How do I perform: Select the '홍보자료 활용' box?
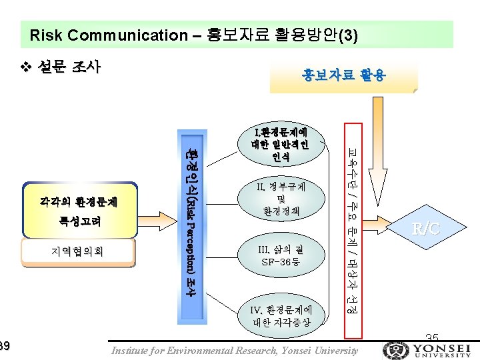point(343,76)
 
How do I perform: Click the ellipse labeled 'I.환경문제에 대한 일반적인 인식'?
point(280,144)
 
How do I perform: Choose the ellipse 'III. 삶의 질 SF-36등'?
point(281,255)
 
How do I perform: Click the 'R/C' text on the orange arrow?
point(426,229)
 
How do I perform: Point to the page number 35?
point(431,337)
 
